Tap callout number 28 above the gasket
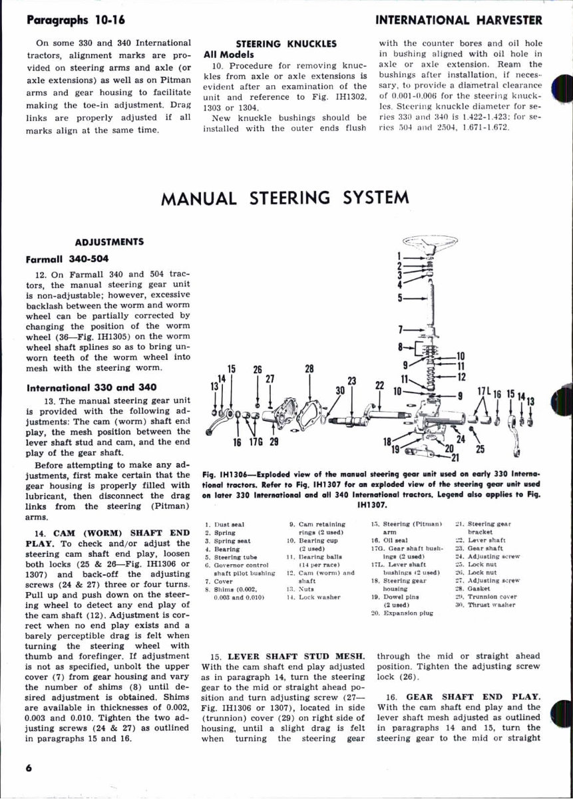309,369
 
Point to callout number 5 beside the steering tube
400,298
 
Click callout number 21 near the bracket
455,458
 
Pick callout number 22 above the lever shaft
380,386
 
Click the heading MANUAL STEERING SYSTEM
285,198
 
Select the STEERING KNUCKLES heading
286,43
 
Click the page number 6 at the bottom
29,767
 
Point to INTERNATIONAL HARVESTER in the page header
459,20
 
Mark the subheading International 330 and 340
87,387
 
